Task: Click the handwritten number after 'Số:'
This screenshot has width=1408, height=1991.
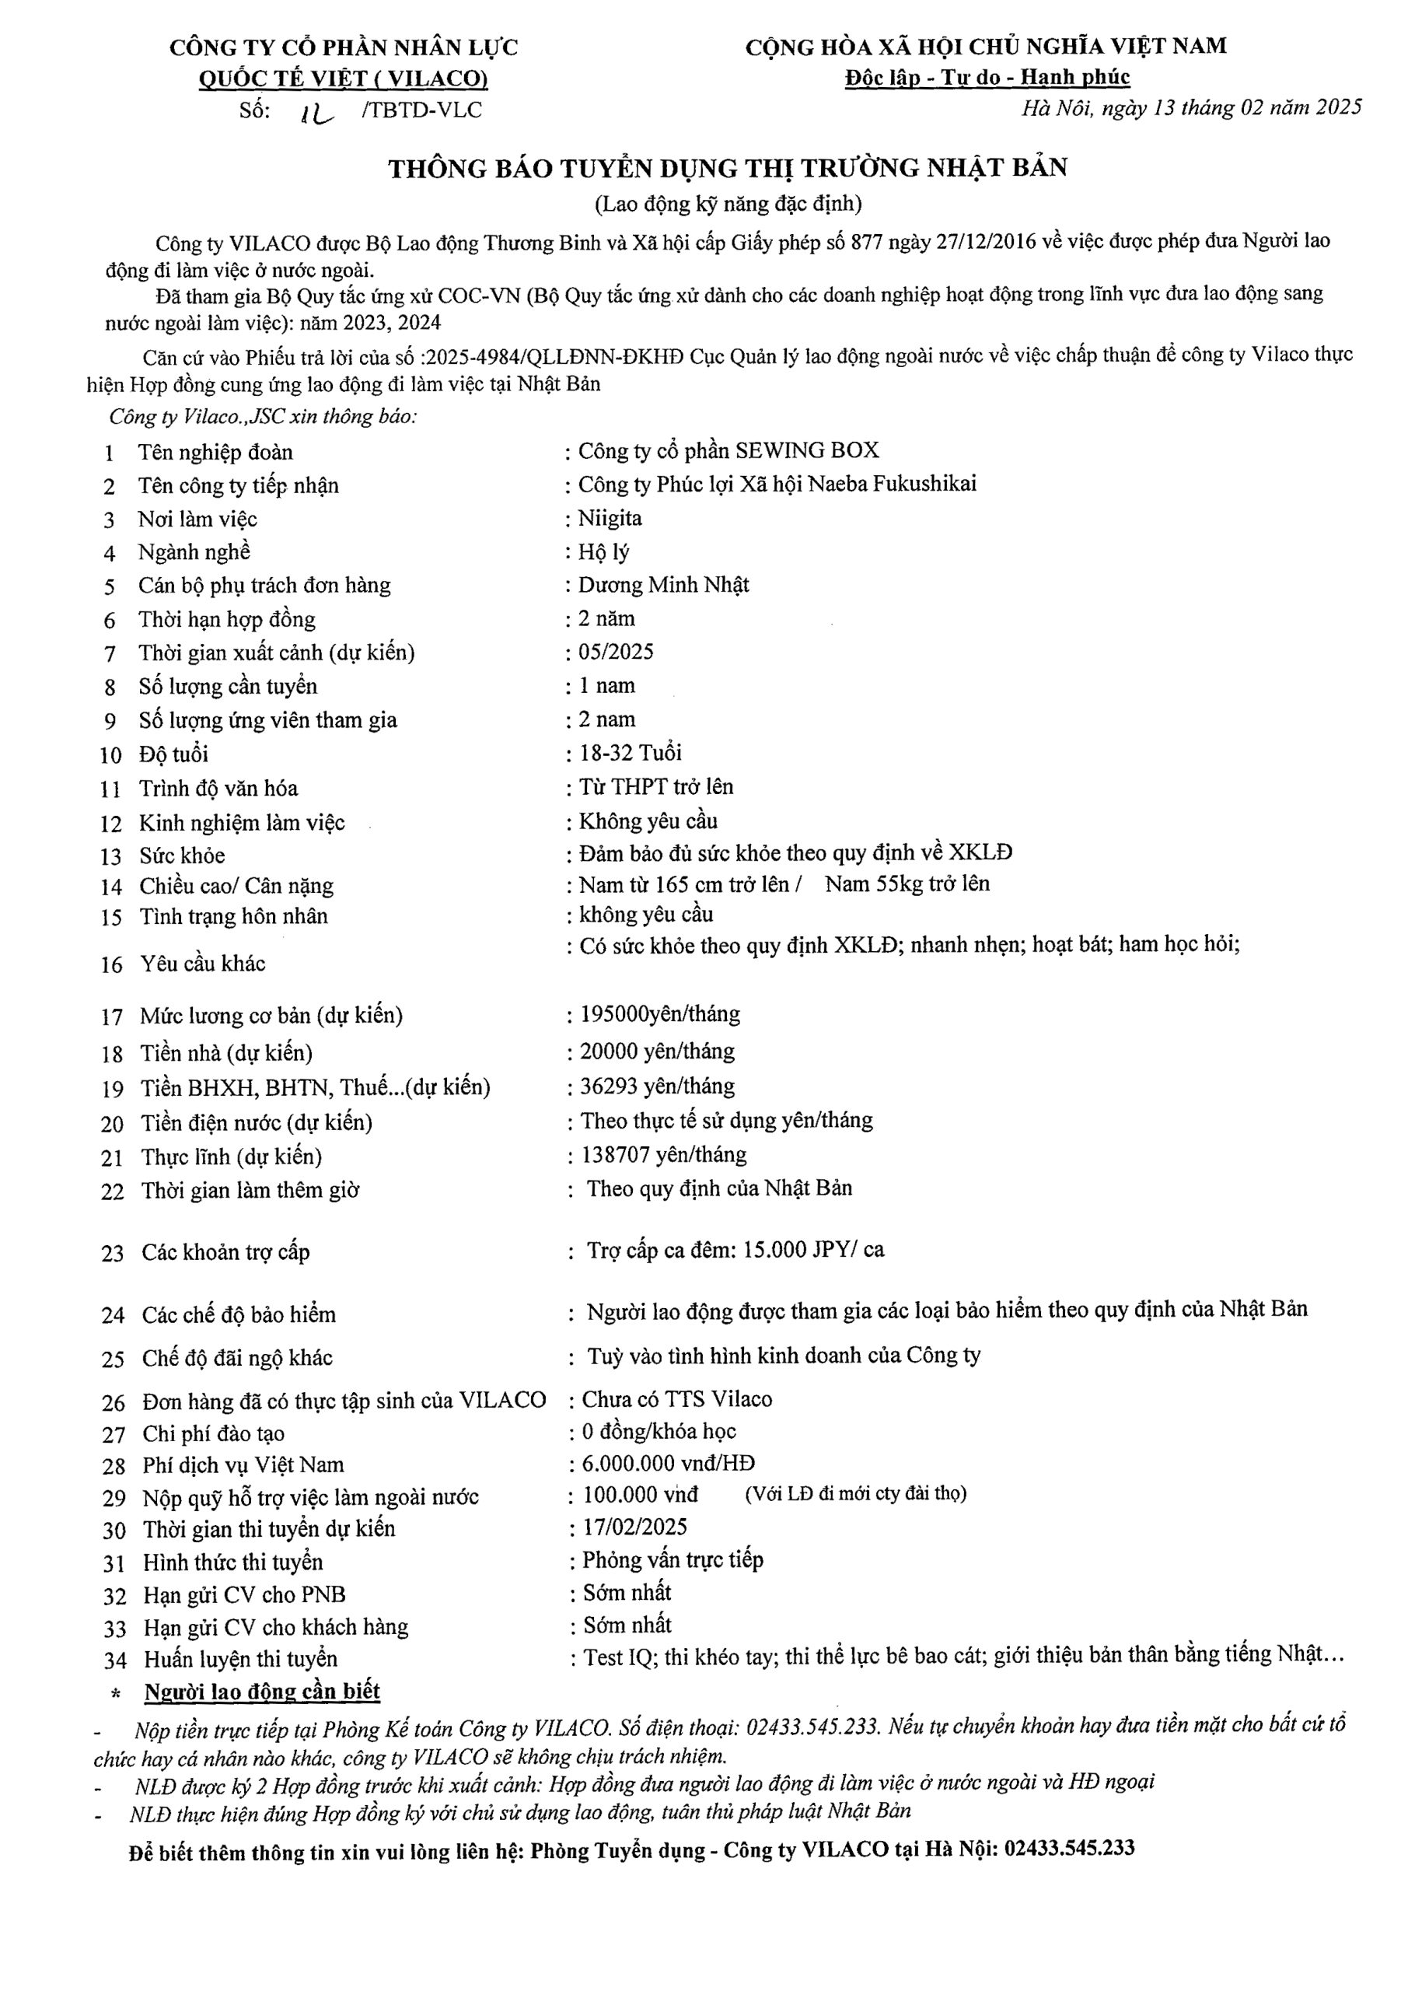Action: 317,113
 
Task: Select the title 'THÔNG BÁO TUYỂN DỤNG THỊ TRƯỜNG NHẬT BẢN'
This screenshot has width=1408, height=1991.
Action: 728,168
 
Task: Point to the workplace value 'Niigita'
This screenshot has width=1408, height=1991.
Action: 610,519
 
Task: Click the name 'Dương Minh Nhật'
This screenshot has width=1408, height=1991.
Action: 663,586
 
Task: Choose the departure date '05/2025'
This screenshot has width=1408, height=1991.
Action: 616,652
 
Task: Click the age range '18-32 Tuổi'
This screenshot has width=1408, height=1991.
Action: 631,753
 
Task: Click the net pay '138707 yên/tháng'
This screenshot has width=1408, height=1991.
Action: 663,1154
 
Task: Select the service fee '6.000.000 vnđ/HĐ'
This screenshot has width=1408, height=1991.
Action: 668,1464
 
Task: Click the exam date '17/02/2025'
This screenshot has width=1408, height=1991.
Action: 634,1527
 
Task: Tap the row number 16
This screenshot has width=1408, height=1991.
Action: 112,964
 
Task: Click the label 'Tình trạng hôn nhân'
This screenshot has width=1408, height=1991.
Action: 234,917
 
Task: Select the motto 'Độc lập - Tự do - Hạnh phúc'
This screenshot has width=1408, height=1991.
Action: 987,77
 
